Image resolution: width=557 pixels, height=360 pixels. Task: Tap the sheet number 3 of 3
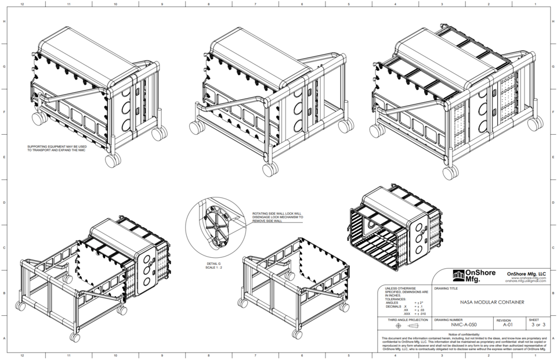click(534, 325)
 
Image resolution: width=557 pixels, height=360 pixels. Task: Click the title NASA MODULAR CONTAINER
click(492, 302)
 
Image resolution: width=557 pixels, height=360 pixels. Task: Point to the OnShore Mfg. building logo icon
click(458, 274)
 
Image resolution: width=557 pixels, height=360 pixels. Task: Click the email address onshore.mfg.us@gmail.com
click(526, 281)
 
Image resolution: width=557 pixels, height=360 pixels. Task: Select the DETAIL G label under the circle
click(214, 264)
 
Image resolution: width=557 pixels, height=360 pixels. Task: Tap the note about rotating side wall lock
click(277, 217)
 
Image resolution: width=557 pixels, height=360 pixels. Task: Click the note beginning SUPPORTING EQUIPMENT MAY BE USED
click(57, 148)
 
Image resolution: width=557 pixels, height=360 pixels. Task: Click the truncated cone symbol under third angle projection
click(413, 326)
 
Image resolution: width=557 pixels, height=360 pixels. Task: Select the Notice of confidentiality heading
click(464, 334)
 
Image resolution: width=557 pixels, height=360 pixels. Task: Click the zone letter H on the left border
click(4, 21)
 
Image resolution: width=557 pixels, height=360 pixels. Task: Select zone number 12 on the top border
click(22, 4)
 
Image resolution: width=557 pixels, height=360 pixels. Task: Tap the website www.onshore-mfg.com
click(526, 278)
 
